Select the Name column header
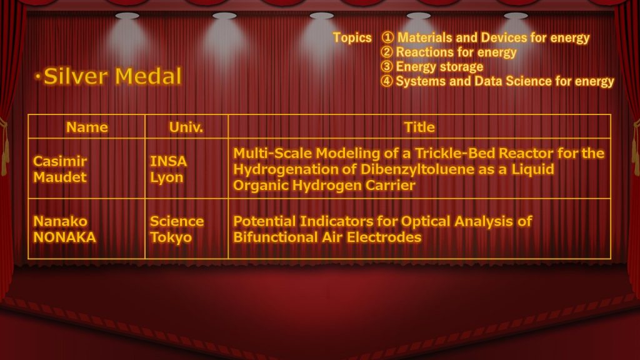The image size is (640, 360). click(x=87, y=127)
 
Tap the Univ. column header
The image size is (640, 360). click(x=186, y=127)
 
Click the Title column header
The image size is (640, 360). click(x=419, y=127)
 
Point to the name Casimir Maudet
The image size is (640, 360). click(x=60, y=169)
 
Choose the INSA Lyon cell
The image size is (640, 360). click(x=169, y=169)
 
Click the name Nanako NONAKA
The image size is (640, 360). click(x=64, y=229)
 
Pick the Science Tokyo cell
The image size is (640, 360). click(x=177, y=229)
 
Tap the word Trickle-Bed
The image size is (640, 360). click(x=455, y=153)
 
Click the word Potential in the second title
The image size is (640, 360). click(x=264, y=221)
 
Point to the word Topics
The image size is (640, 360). click(x=352, y=37)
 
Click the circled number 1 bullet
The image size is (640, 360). click(x=387, y=37)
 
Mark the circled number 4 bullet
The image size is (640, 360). click(x=386, y=81)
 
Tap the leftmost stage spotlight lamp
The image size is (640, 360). click(x=127, y=16)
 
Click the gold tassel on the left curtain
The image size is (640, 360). click(x=4, y=147)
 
